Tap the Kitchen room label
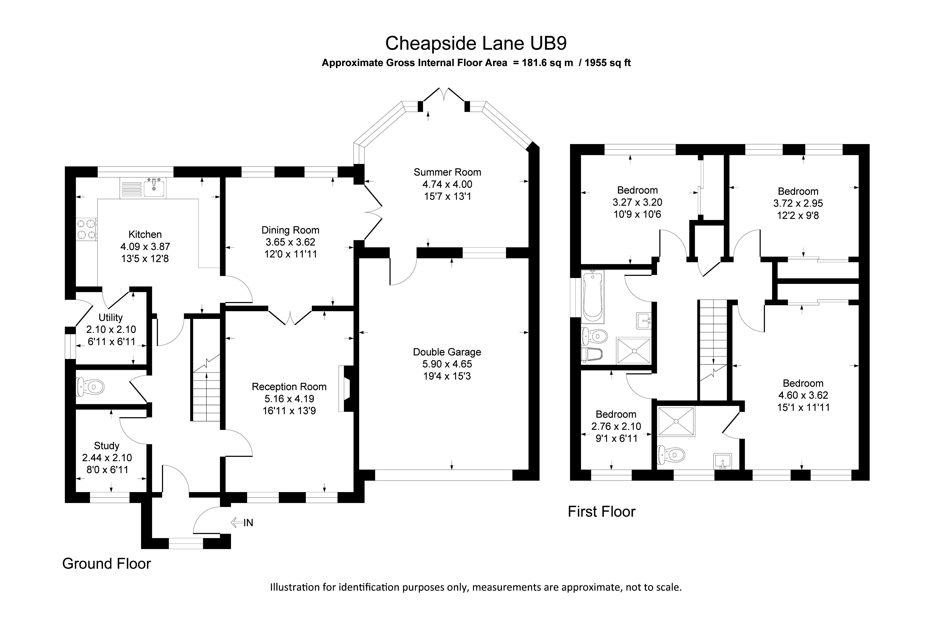point(145,234)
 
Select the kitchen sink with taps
point(154,188)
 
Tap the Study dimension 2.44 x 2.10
point(107,458)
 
